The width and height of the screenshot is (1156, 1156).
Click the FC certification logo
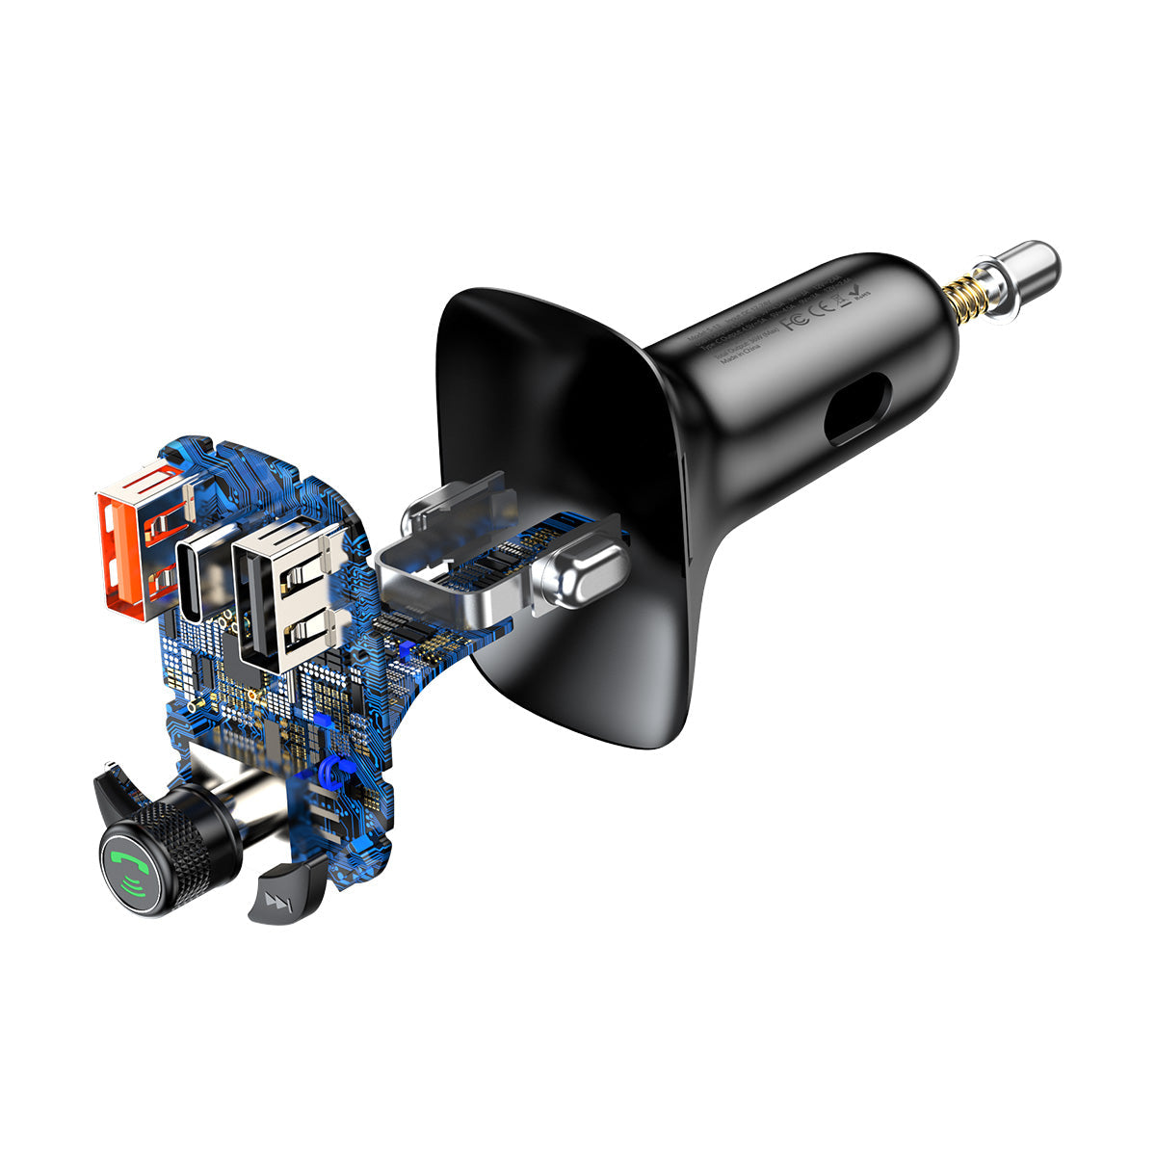click(793, 320)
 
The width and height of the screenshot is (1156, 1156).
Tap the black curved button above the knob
click(120, 790)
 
